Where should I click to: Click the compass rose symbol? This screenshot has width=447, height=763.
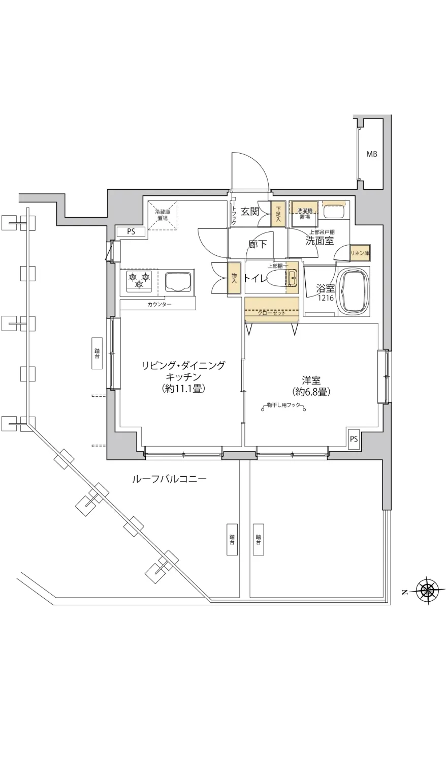click(x=428, y=591)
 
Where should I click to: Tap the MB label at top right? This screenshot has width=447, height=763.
click(x=372, y=155)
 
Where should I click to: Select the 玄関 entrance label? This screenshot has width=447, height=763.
click(x=249, y=211)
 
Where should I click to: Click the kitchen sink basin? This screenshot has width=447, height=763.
click(x=178, y=281)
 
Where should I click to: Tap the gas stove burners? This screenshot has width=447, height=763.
click(x=139, y=281)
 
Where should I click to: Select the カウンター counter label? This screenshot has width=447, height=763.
click(x=159, y=304)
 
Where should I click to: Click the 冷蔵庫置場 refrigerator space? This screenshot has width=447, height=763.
click(x=162, y=215)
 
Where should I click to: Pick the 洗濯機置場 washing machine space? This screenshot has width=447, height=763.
click(x=305, y=214)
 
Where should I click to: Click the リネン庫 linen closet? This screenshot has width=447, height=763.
click(x=359, y=253)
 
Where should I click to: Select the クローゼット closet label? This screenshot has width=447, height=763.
click(x=271, y=313)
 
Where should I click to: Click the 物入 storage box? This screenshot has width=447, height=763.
click(x=234, y=278)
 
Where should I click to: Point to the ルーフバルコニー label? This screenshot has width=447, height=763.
click(x=169, y=479)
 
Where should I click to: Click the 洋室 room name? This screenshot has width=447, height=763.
click(x=311, y=380)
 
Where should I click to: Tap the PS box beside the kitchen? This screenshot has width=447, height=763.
click(x=131, y=232)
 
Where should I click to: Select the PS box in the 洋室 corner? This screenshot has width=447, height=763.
click(x=354, y=438)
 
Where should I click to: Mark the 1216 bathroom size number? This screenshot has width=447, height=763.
click(x=326, y=298)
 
